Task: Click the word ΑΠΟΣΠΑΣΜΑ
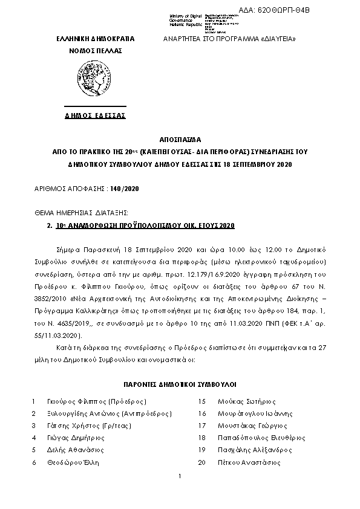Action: pos(180,138)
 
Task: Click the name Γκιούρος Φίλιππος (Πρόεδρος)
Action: pos(97,401)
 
